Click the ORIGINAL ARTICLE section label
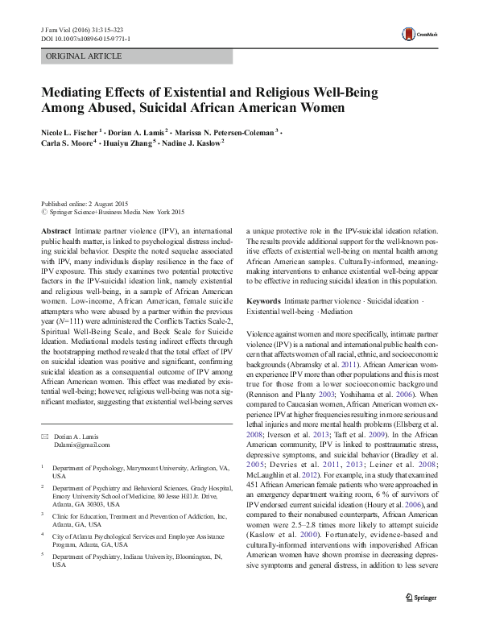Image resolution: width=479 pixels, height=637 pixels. tap(84, 56)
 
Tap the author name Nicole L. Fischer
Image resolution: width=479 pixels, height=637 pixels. tap(72, 130)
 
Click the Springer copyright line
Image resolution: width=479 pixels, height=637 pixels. tap(113, 213)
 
